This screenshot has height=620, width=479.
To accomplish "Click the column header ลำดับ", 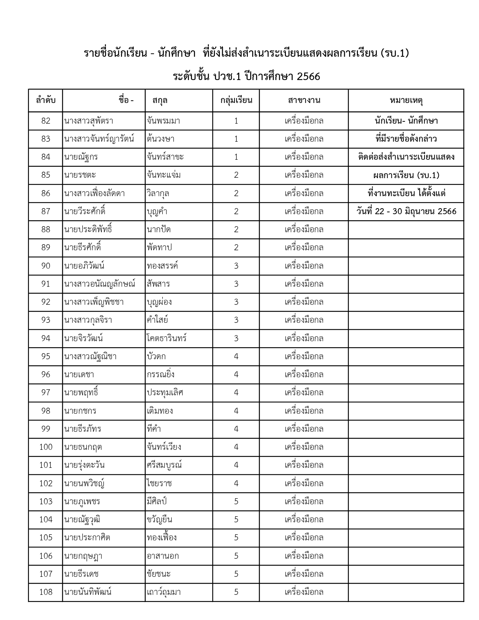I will click(46, 100).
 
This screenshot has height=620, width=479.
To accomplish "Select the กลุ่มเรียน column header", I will click(236, 100).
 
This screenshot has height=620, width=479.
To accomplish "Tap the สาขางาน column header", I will click(304, 100).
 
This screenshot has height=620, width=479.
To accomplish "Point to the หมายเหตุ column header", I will click(406, 100).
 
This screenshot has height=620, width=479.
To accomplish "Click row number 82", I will click(46, 121).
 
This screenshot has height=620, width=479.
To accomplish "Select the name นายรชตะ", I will click(80, 175).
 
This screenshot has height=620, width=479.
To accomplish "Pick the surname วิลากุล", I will click(158, 194).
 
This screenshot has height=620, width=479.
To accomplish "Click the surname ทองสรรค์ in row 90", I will click(163, 266).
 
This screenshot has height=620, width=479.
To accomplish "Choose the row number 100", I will click(46, 447).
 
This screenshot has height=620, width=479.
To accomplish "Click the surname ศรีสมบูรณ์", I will click(165, 465).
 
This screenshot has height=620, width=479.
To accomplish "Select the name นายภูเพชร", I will click(82, 502).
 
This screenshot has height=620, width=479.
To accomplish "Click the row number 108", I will click(46, 592).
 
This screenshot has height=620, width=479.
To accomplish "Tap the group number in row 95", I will click(236, 356).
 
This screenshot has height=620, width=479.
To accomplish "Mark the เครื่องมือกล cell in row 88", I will click(304, 230).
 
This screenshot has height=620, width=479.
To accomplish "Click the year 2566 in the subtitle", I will click(308, 77).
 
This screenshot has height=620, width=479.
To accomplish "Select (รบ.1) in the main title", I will click(394, 53).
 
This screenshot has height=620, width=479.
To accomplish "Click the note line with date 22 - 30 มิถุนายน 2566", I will click(406, 212).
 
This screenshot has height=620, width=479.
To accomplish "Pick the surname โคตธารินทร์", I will click(167, 339).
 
